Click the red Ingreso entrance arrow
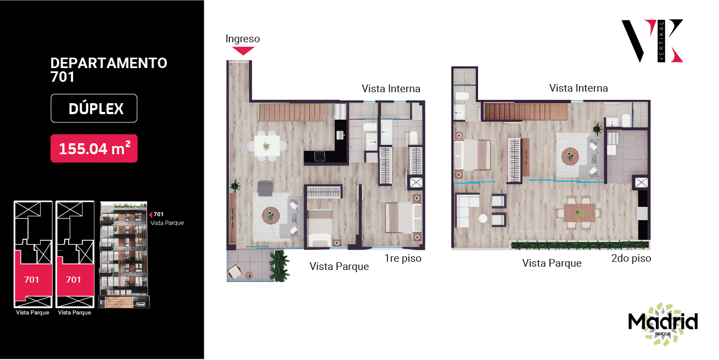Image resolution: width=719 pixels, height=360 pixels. click(243, 50)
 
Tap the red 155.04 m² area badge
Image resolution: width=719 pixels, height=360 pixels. click(94, 148)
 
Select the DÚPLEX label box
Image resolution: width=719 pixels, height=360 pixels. click(94, 109)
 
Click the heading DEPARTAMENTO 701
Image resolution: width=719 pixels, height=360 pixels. click(109, 70)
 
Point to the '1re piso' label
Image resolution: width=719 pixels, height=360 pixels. click(403, 258)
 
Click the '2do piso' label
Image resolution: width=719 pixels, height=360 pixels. click(631, 258)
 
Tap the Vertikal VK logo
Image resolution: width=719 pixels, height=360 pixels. click(653, 41)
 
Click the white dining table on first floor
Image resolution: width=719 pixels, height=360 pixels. click(267, 146)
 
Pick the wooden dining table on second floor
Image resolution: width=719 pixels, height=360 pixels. click(580, 212)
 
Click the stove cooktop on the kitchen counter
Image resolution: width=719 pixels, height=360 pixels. click(319, 156)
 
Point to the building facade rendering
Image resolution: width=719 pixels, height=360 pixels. click(124, 255)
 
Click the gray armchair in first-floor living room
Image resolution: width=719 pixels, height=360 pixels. click(265, 188)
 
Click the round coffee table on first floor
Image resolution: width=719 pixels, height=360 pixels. click(271, 216)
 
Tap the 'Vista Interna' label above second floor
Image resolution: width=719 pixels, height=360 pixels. click(578, 88)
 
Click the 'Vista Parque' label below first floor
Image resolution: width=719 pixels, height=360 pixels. click(339, 266)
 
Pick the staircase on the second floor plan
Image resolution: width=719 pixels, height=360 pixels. click(526, 111)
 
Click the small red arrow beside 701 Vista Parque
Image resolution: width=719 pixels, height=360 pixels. click(150, 215)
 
